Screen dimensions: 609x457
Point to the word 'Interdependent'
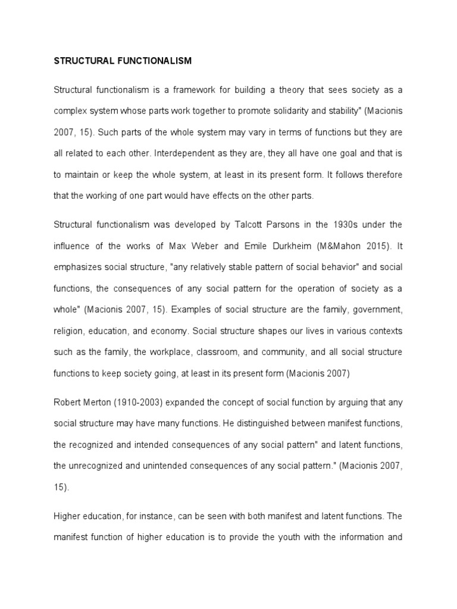click(x=182, y=153)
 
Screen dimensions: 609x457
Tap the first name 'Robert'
click(x=68, y=403)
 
